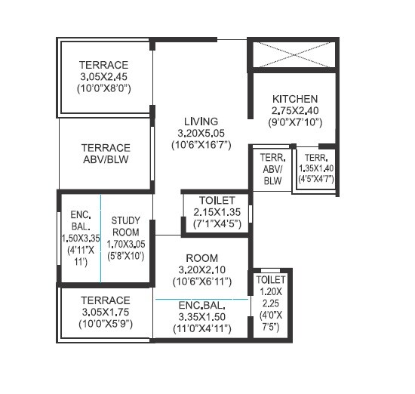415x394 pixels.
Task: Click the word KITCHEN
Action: (x=295, y=99)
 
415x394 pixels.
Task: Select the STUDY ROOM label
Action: (x=126, y=226)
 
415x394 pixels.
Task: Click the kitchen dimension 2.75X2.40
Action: (x=295, y=110)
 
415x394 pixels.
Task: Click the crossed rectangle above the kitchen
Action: (x=294, y=57)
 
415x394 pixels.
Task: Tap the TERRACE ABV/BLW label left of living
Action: (x=106, y=154)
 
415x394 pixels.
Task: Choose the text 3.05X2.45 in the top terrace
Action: (x=106, y=76)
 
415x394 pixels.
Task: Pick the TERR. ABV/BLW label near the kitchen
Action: (x=272, y=170)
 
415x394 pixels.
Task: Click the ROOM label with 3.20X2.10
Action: (x=202, y=257)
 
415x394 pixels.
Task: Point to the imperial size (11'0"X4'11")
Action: (x=202, y=328)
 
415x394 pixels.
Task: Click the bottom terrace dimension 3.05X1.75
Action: (x=106, y=311)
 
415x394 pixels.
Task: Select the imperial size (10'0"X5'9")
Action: (x=106, y=323)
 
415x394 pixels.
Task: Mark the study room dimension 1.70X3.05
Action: (x=126, y=245)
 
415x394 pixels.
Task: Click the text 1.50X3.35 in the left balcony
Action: (x=81, y=239)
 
